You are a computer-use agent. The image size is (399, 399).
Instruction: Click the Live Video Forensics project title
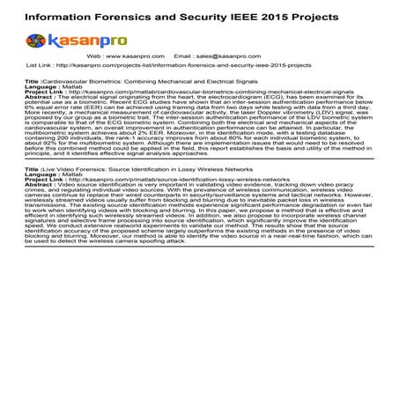[x=117, y=166]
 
